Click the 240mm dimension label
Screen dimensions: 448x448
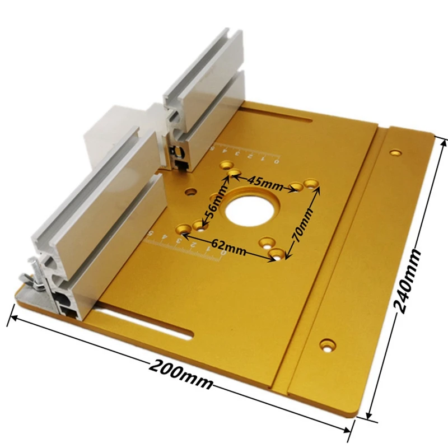pyautogui.click(x=409, y=280)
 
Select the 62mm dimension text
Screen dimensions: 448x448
pyautogui.click(x=228, y=247)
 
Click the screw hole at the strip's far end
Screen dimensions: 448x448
pyautogui.click(x=396, y=152)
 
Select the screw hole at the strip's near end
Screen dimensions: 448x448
pyautogui.click(x=326, y=343)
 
